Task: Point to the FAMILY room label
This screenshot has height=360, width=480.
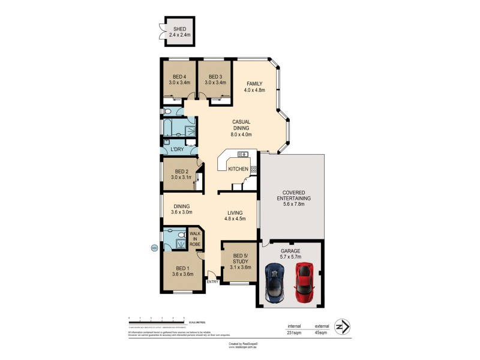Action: coord(254,83)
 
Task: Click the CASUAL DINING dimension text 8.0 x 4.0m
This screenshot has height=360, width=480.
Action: coord(241,136)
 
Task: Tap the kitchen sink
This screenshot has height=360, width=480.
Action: coord(242,154)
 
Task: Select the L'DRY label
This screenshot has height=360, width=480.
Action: coord(177,149)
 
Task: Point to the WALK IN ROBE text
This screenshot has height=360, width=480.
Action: coord(196,239)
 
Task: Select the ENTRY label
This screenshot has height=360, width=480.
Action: coord(212,281)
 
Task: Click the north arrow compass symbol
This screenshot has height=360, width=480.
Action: coord(343,326)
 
